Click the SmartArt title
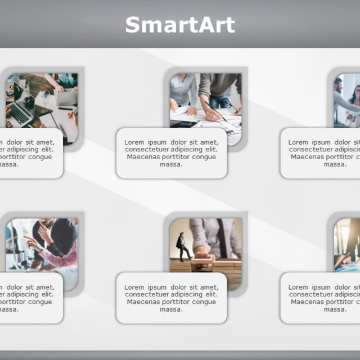click(x=180, y=25)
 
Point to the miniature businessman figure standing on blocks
click(x=181, y=246)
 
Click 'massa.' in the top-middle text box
click(x=171, y=164)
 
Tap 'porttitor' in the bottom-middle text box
click(x=176, y=301)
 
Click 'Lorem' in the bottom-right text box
click(x=299, y=287)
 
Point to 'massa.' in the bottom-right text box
click(x=335, y=309)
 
